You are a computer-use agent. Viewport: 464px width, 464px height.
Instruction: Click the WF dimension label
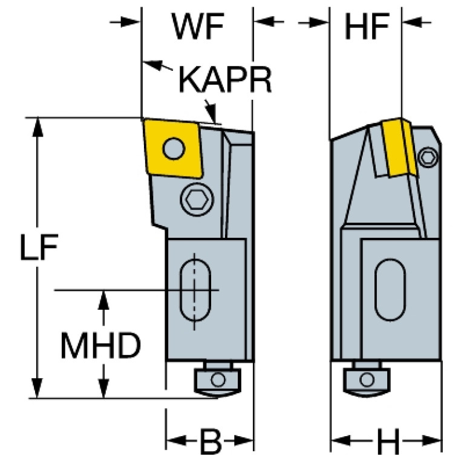coord(198,27)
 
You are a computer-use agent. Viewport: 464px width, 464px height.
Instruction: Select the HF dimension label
coord(367,27)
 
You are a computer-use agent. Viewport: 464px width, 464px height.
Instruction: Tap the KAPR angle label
coord(225,80)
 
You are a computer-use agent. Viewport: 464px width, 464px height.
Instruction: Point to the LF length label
coord(39,247)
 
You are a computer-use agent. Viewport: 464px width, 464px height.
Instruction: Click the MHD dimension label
coord(100,345)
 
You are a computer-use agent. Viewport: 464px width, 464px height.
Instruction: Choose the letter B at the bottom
coord(211,441)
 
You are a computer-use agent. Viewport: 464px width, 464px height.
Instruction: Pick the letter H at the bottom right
coord(388,441)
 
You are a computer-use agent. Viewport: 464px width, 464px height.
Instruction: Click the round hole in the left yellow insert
coord(174,148)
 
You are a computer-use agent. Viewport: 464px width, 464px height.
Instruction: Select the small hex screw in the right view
coord(428,157)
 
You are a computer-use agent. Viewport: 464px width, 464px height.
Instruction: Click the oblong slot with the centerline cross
coord(195,290)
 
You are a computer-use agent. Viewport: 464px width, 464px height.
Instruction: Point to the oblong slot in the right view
coord(390,290)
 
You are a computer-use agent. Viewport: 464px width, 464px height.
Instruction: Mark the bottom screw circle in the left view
coord(218,379)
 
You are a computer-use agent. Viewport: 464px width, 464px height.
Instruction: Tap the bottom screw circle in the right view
coord(367,379)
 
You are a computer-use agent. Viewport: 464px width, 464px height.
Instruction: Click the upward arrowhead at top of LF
coord(38,127)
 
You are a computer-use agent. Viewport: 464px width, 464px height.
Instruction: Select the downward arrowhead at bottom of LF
coord(38,388)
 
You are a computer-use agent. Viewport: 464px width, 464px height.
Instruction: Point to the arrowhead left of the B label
coord(176,440)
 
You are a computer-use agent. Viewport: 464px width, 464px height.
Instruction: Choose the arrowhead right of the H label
coord(432,440)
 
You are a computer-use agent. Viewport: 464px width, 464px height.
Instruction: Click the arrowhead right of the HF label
coord(412,22)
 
